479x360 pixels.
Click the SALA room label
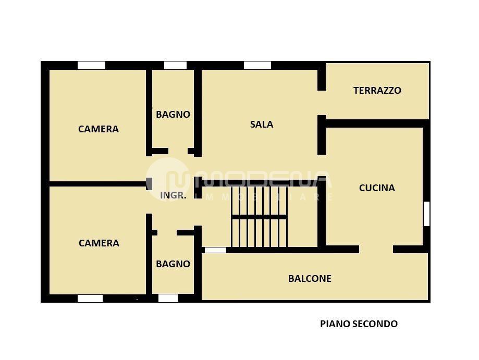(x=262, y=125)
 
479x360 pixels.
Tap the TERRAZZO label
(x=377, y=90)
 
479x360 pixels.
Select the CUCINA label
(x=377, y=188)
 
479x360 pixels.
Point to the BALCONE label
(x=310, y=279)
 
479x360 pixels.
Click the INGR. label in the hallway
(x=173, y=195)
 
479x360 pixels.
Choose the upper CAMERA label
(x=99, y=129)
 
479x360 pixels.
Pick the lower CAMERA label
(x=99, y=243)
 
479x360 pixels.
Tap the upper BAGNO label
(x=173, y=115)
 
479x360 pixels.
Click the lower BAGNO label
(x=173, y=264)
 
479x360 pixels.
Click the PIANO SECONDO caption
(x=359, y=324)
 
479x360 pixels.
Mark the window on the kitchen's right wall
(x=426, y=214)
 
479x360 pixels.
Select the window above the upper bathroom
(x=175, y=65)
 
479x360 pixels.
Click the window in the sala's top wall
(x=257, y=65)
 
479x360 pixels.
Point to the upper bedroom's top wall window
(x=91, y=65)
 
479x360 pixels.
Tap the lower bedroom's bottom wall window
(x=90, y=299)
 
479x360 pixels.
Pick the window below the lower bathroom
(x=168, y=299)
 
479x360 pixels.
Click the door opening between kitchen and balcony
(x=376, y=250)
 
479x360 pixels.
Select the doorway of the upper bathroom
(x=178, y=151)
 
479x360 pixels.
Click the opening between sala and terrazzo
(x=322, y=103)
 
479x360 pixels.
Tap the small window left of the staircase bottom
(x=215, y=250)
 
